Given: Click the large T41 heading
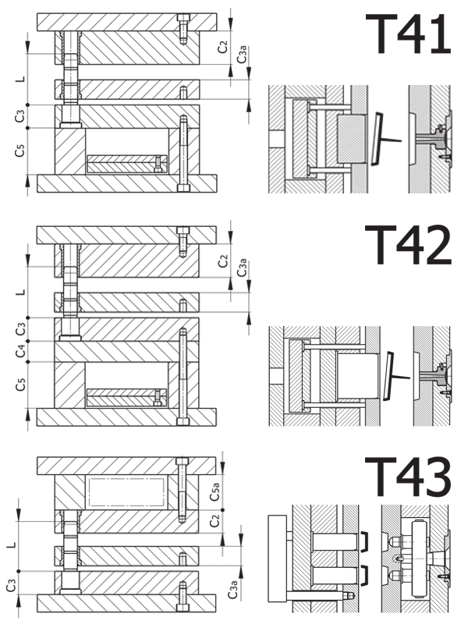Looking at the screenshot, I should (408, 34).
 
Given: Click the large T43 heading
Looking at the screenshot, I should (408, 477).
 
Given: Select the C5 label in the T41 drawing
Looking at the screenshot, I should (21, 151).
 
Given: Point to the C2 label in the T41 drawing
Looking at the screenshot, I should (224, 47).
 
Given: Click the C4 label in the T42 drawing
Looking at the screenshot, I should (21, 353).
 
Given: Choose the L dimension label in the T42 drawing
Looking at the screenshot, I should (21, 292).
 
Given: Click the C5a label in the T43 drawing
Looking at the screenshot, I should (216, 491).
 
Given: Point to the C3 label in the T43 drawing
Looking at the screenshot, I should (11, 583).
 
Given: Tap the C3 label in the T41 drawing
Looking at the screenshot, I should (21, 116).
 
